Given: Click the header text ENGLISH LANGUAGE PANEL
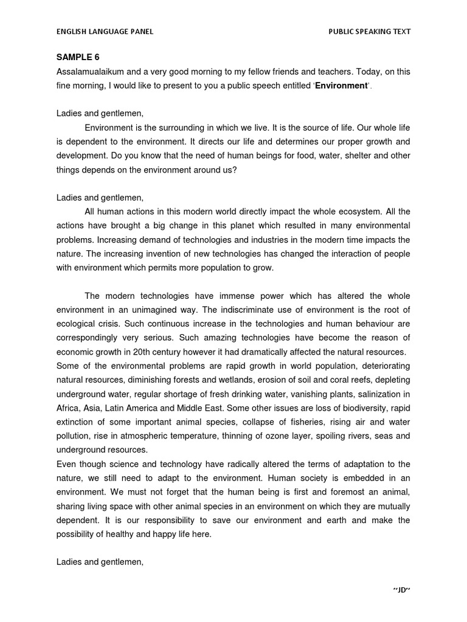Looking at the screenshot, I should pyautogui.click(x=105, y=32).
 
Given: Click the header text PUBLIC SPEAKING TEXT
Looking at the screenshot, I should pyautogui.click(x=370, y=32).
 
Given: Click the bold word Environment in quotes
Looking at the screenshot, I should pyautogui.click(x=341, y=86).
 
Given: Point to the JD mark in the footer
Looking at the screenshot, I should pyautogui.click(x=398, y=590).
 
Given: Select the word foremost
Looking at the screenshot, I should pyautogui.click(x=346, y=492).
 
